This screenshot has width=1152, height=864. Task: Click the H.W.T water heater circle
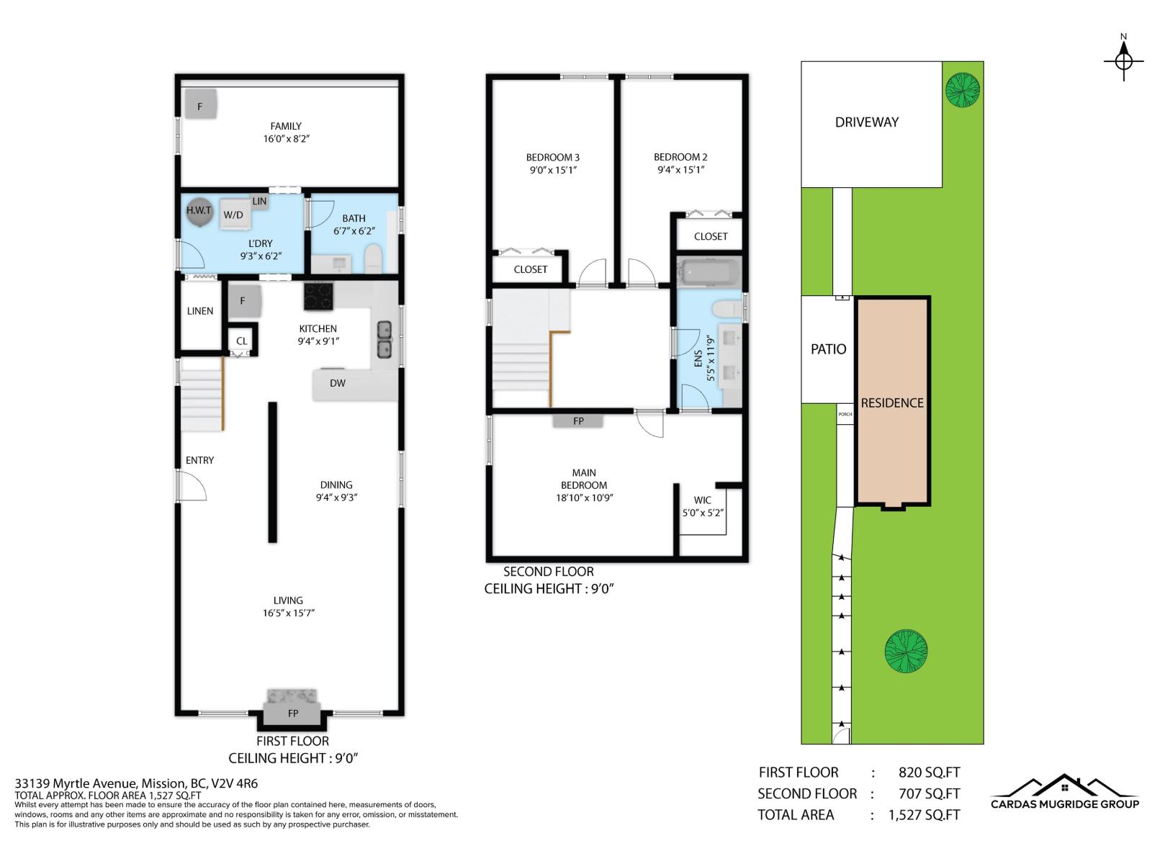(199, 211)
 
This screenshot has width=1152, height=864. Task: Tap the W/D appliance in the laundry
(233, 214)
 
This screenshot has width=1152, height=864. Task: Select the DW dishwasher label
(338, 383)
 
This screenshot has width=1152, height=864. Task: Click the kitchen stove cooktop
(318, 295)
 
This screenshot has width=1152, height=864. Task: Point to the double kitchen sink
(384, 340)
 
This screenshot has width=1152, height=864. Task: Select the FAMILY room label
(286, 126)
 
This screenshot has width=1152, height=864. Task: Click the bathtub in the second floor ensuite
(709, 273)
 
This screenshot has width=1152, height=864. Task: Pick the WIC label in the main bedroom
(702, 500)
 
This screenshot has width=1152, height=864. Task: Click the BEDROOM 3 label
(552, 158)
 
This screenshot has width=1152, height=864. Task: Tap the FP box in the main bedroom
(578, 421)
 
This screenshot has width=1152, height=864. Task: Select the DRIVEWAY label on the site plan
(866, 122)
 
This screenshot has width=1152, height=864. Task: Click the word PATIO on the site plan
(828, 349)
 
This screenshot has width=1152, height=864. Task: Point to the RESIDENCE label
(892, 403)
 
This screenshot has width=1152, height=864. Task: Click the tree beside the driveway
(963, 90)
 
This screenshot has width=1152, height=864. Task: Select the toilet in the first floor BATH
(373, 258)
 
